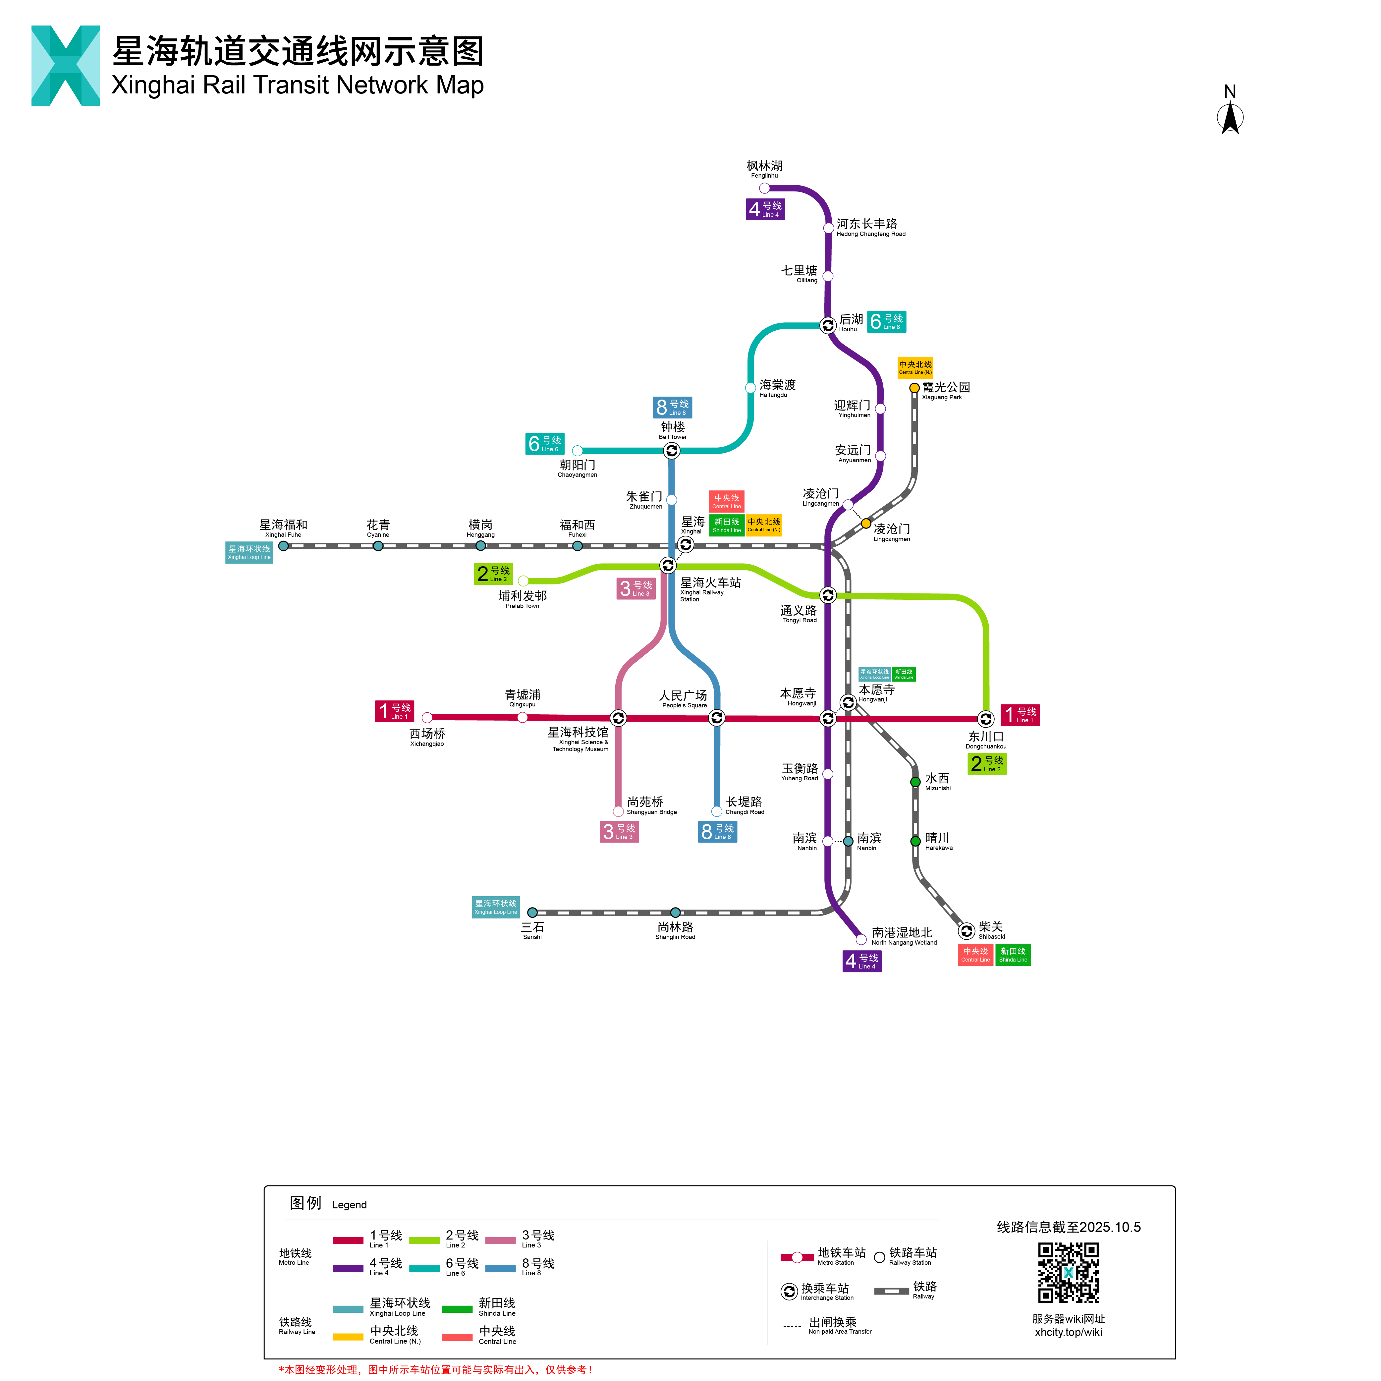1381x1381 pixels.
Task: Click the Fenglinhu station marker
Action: [764, 188]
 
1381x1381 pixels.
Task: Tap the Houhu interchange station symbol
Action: [828, 325]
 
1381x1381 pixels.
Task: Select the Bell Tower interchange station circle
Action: [671, 450]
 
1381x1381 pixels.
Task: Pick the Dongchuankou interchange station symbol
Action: [986, 718]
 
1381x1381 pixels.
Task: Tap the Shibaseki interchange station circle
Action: [967, 931]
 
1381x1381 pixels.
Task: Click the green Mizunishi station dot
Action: [915, 782]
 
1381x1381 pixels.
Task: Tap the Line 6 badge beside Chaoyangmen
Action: [545, 444]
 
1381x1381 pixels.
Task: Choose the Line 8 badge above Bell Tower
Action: [673, 408]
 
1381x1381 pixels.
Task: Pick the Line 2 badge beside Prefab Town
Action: [493, 574]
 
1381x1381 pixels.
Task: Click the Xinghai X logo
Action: [66, 66]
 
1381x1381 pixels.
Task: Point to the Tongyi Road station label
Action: [799, 613]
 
